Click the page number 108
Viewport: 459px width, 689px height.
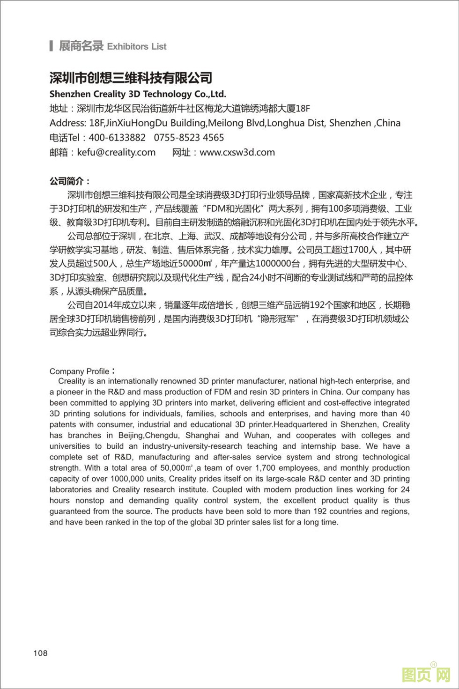[40, 653]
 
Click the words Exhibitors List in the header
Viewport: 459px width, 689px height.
[137, 46]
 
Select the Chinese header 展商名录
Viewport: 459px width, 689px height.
[81, 46]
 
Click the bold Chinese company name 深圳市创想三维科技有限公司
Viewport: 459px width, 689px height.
[131, 78]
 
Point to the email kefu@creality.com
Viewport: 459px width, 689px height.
[116, 152]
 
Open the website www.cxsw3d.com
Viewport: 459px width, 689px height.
[237, 152]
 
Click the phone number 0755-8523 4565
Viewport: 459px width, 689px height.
[189, 138]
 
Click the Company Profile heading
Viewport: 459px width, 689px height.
[80, 371]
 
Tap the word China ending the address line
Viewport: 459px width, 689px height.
[388, 123]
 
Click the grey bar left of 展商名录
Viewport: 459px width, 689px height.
[51, 46]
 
